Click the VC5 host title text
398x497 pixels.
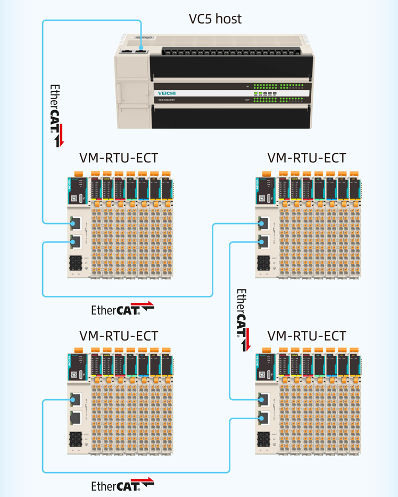pyautogui.click(x=215, y=19)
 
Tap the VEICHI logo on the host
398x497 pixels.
pyautogui.click(x=167, y=93)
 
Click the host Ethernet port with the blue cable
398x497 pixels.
pyautogui.click(x=141, y=51)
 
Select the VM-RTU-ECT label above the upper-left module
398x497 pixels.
pyautogui.click(x=119, y=158)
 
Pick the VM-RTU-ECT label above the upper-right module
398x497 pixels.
pyautogui.click(x=306, y=158)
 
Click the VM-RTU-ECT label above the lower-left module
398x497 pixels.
pyautogui.click(x=119, y=336)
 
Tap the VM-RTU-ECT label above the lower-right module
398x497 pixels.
pyautogui.click(x=306, y=336)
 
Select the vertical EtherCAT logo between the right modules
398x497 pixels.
pyautogui.click(x=243, y=320)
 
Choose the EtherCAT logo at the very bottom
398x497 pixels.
pyautogui.click(x=122, y=485)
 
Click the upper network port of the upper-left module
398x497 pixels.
pyautogui.click(x=76, y=222)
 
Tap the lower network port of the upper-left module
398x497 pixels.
pyautogui.click(x=76, y=242)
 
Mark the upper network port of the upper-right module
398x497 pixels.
pyautogui.click(x=263, y=222)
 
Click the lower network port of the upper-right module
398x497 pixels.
pyautogui.click(x=263, y=242)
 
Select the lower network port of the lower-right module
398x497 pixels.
pyautogui.click(x=263, y=419)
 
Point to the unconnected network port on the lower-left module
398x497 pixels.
pyautogui.click(x=76, y=418)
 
